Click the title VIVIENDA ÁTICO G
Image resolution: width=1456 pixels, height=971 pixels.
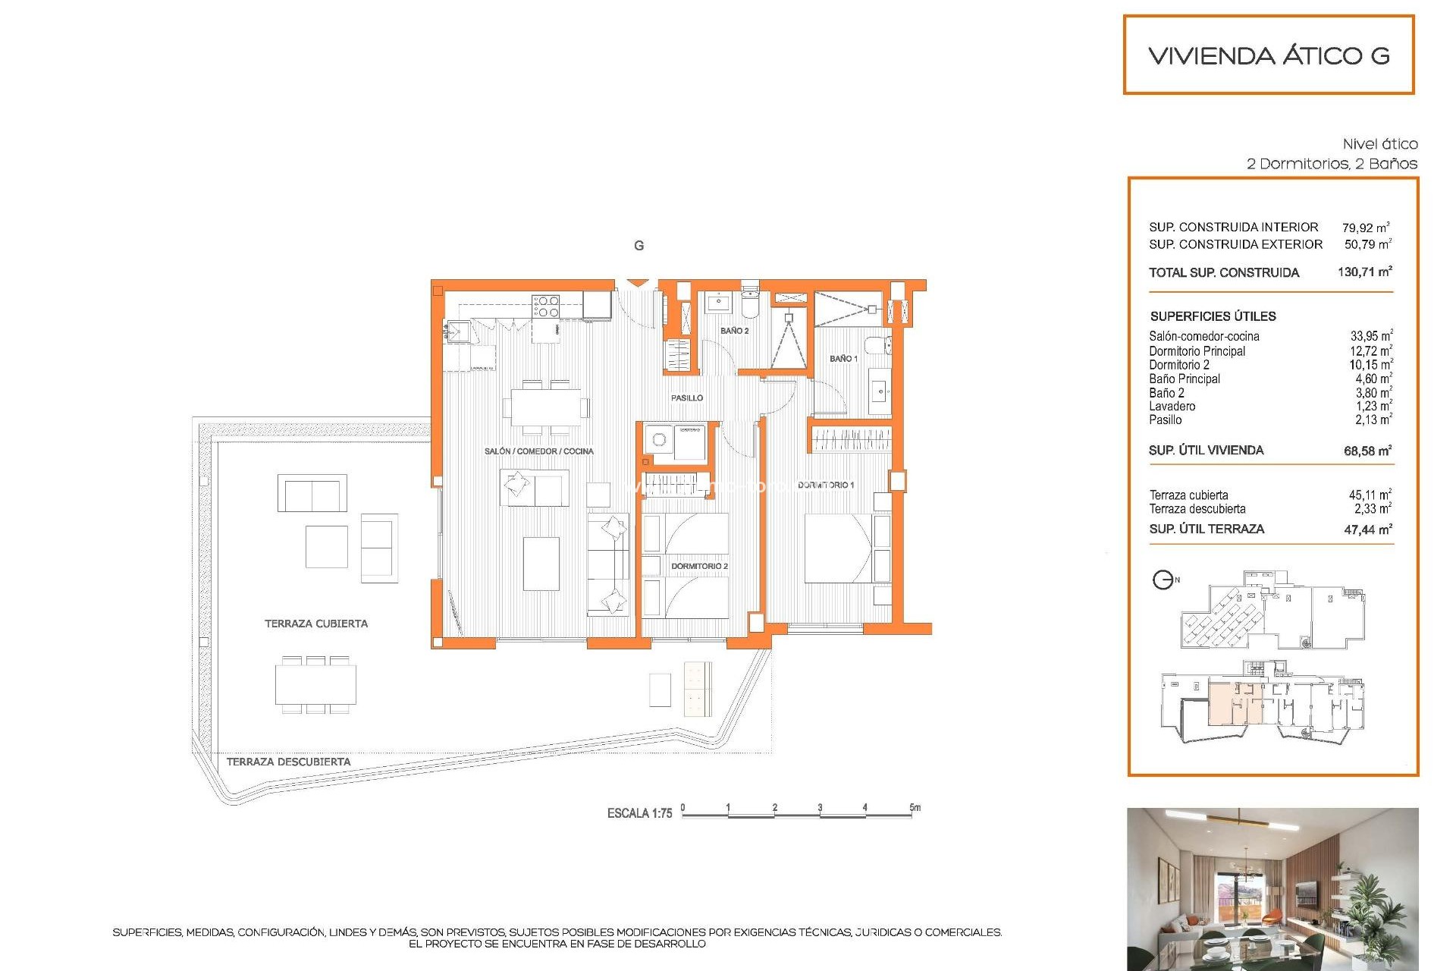pyautogui.click(x=1269, y=55)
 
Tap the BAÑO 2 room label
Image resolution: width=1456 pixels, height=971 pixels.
pyautogui.click(x=734, y=331)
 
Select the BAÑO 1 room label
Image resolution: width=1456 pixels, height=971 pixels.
pyautogui.click(x=843, y=358)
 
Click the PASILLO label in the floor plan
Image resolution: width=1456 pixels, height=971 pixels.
pyautogui.click(x=686, y=398)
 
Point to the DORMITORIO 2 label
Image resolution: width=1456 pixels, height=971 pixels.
pyautogui.click(x=698, y=566)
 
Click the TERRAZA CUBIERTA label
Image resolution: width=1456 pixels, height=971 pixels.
pyautogui.click(x=315, y=624)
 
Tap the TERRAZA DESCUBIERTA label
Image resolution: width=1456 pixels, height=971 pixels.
pyautogui.click(x=288, y=762)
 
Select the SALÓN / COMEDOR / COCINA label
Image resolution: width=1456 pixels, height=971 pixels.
pyautogui.click(x=538, y=451)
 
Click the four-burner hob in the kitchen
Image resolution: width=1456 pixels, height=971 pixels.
pyautogui.click(x=546, y=306)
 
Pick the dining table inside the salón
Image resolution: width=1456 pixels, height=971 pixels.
pyautogui.click(x=546, y=407)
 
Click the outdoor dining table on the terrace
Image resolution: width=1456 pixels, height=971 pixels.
pyautogui.click(x=315, y=685)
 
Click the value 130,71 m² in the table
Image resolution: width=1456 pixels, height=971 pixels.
pyautogui.click(x=1364, y=272)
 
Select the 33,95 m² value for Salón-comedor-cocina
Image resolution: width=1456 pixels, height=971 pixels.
pyautogui.click(x=1370, y=336)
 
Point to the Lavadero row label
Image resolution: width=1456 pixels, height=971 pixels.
pyautogui.click(x=1172, y=406)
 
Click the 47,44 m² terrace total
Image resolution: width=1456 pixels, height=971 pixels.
pyautogui.click(x=1367, y=529)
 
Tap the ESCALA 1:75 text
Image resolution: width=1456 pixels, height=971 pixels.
pyautogui.click(x=639, y=813)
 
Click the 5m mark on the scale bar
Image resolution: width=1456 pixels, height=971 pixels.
pyautogui.click(x=915, y=808)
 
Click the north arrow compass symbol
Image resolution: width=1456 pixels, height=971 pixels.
pyautogui.click(x=1163, y=580)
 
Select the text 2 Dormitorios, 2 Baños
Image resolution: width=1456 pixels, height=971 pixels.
pyautogui.click(x=1332, y=164)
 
